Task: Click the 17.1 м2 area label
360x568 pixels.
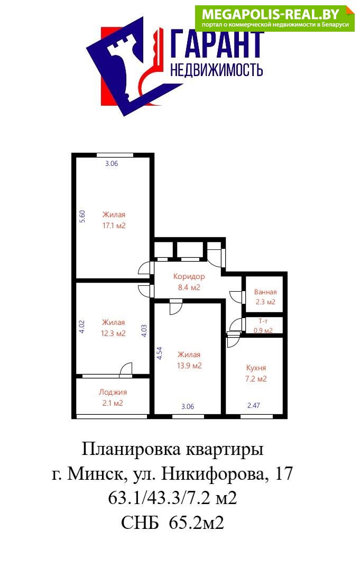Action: pos(114,226)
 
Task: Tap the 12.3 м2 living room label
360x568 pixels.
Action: pos(113,333)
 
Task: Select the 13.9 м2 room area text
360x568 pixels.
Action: pos(189,366)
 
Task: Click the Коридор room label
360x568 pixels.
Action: pos(189,276)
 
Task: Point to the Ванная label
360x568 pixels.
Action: pos(265,292)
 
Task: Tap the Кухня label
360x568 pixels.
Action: pos(256,368)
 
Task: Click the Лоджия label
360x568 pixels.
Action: pos(113,392)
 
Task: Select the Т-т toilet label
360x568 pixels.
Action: pos(263,321)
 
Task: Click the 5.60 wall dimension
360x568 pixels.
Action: pos(82,216)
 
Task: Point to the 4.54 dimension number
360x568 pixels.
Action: pos(159,353)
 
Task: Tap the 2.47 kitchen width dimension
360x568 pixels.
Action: pos(253,406)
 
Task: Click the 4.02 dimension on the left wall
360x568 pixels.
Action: pos(82,327)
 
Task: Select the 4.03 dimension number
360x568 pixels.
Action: pos(144,331)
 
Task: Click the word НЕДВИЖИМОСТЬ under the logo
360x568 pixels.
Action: pos(216,70)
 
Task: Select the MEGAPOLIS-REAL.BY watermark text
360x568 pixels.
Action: pos(271,14)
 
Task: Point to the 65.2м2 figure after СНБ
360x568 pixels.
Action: pos(197,523)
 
